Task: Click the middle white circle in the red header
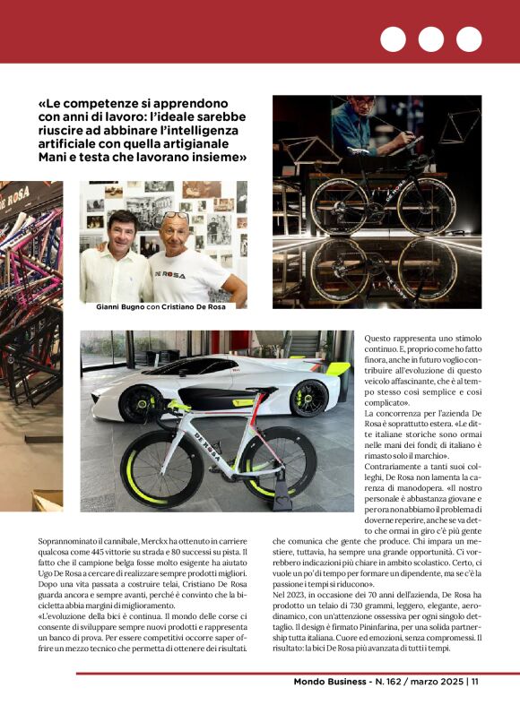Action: click(430, 39)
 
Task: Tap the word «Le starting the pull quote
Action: click(48, 104)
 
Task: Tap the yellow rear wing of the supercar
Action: click(337, 369)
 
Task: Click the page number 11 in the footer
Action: click(475, 682)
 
